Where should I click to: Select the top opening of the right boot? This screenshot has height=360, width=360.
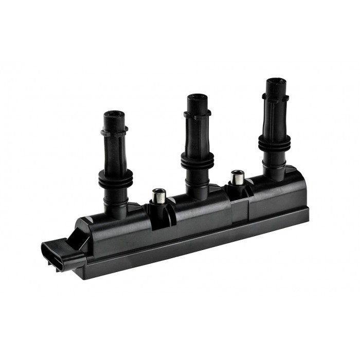point(275,81)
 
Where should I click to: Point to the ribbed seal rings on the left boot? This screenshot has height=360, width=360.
point(115,177)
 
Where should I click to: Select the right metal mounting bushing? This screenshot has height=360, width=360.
point(237,177)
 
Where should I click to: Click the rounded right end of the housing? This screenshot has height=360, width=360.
point(301,190)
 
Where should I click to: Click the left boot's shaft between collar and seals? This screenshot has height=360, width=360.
point(114,154)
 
